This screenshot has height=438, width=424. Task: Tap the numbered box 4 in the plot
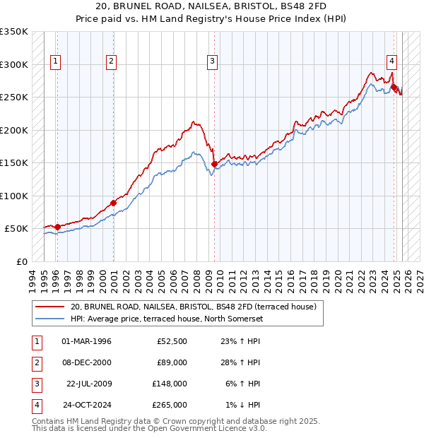(x=391, y=61)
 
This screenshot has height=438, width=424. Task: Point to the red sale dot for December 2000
(x=113, y=203)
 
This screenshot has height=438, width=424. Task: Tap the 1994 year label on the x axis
(x=32, y=277)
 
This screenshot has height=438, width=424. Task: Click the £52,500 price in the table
(x=172, y=341)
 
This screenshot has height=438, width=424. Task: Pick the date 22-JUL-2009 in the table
(x=88, y=384)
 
